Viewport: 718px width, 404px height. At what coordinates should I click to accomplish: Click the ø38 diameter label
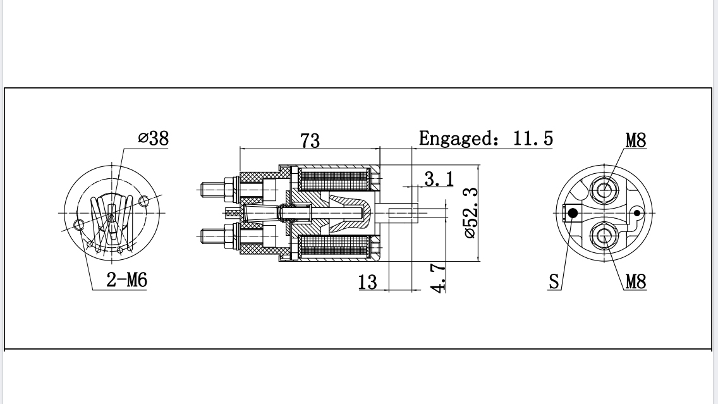(x=154, y=138)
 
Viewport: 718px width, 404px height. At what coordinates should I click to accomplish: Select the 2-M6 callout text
(x=126, y=279)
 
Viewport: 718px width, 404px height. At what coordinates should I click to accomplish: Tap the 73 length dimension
(x=310, y=140)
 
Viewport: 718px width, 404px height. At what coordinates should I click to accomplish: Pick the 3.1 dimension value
(x=439, y=179)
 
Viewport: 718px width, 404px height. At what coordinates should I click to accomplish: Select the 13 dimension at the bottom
(x=367, y=281)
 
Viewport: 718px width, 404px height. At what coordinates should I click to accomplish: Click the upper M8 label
(x=636, y=140)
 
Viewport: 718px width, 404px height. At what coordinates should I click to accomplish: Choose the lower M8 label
(x=636, y=281)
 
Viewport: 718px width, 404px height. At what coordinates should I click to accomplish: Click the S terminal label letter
(x=554, y=281)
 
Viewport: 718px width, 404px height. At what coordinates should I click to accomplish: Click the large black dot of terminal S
(x=573, y=213)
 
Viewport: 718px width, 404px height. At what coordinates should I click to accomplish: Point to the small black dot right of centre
(x=636, y=213)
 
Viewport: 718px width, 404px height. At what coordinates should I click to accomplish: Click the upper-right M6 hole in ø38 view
(x=144, y=201)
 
